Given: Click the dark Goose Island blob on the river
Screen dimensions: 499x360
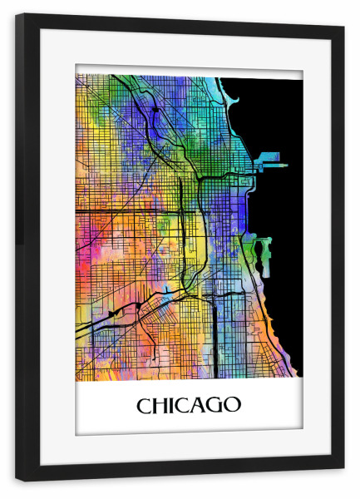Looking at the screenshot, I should pos(155,109).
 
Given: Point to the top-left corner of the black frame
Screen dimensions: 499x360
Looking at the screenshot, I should pos(17,16).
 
